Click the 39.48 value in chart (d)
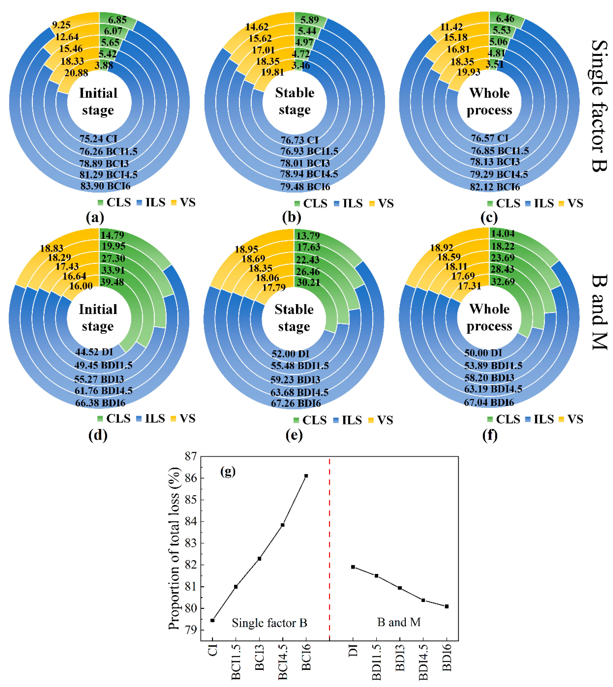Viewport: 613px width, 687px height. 112,282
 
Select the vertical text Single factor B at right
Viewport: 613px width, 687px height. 599,106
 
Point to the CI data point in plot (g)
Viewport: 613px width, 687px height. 212,620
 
